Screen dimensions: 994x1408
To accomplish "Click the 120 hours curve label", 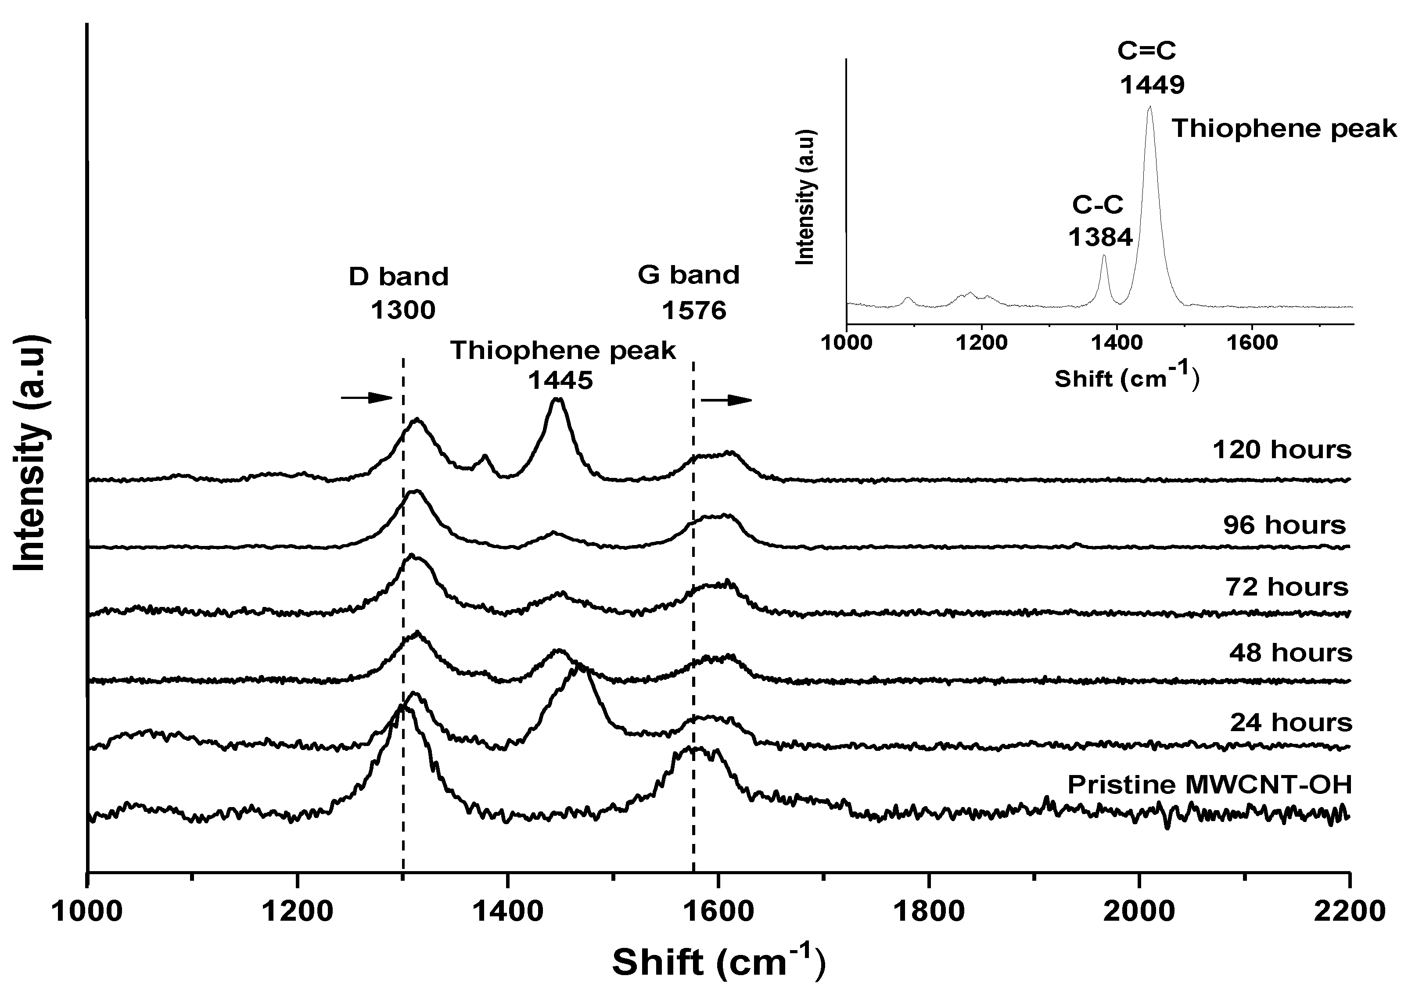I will tap(1281, 449).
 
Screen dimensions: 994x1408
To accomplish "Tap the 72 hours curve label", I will tap(1286, 587).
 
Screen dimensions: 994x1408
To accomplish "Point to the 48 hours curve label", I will tap(1289, 653).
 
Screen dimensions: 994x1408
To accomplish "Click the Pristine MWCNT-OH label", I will tap(1209, 785).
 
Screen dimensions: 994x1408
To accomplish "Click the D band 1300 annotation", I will tap(400, 293).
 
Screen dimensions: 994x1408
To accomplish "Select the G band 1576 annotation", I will tap(689, 293).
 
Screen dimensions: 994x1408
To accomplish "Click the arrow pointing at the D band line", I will tap(366, 398).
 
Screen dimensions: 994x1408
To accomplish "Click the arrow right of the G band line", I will tap(727, 400).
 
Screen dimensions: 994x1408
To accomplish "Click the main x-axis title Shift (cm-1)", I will tap(719, 962).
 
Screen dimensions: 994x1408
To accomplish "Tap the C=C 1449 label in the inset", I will tap(1151, 68).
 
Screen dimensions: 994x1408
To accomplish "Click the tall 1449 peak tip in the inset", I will tap(1150, 107).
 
